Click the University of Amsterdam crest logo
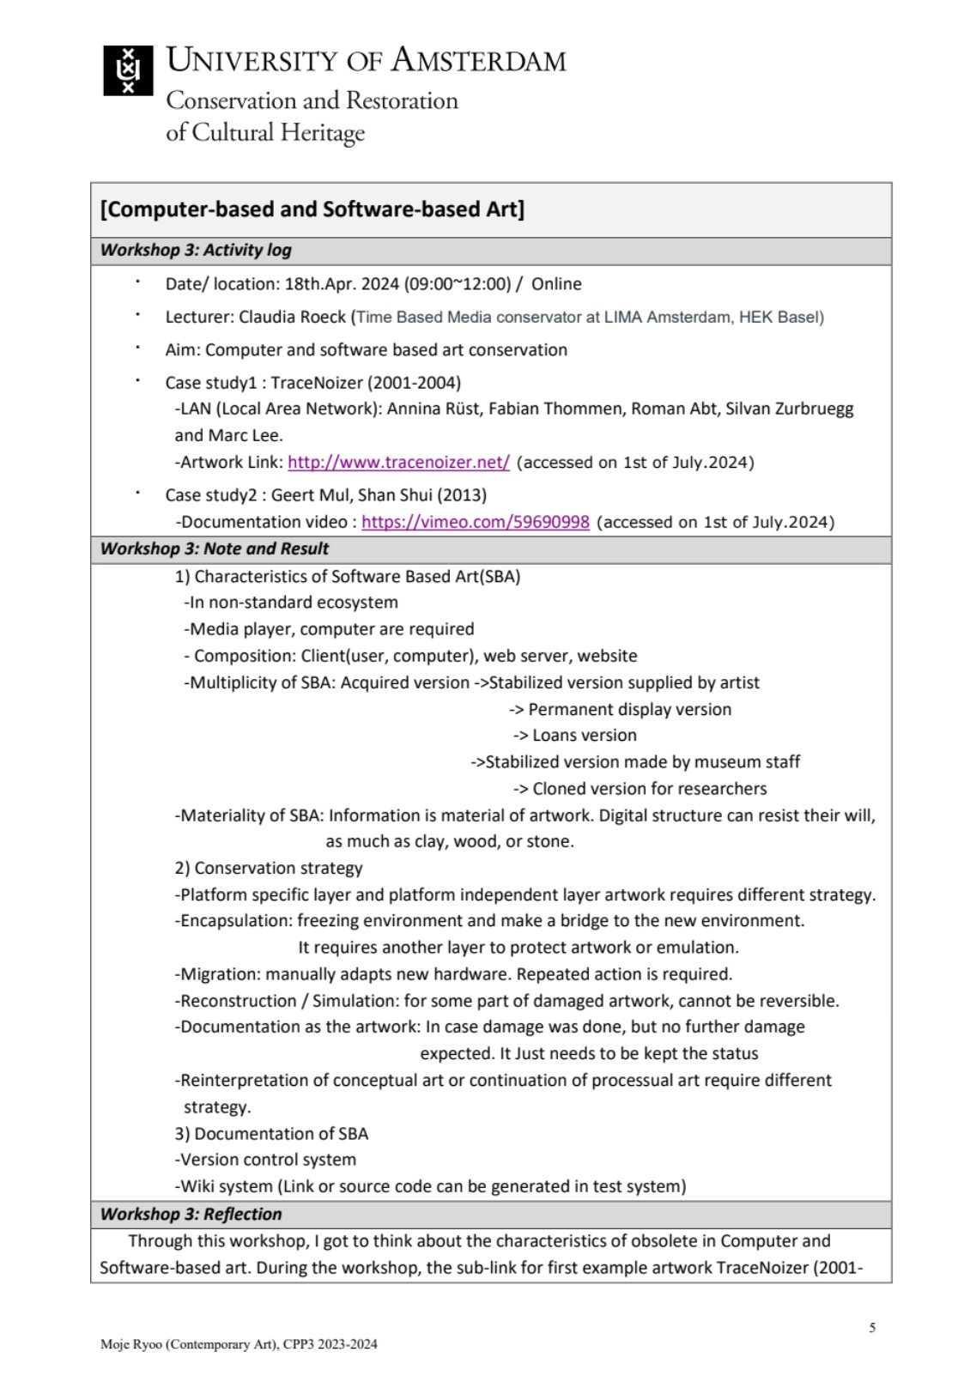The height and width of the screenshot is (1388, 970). click(x=128, y=70)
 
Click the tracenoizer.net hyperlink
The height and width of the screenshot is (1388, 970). click(x=398, y=463)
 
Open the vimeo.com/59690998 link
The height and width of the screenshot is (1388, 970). click(x=476, y=523)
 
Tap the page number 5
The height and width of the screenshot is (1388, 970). click(x=872, y=1328)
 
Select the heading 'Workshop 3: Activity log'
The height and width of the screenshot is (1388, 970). click(x=196, y=251)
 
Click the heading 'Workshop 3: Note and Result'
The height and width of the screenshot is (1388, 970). click(x=215, y=549)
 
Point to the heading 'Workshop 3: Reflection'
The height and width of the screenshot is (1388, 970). click(x=191, y=1215)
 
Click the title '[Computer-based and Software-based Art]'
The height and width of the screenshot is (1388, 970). click(x=312, y=209)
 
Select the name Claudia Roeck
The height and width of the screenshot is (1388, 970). click(x=292, y=318)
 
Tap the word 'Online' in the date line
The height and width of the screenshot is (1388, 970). click(x=556, y=284)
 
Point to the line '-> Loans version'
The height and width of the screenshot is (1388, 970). click(x=575, y=736)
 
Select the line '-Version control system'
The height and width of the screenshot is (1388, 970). click(x=265, y=1160)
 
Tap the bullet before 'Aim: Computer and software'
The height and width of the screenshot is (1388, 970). click(x=137, y=349)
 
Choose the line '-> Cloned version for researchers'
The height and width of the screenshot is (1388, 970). click(x=640, y=789)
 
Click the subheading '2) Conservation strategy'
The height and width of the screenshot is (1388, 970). click(x=269, y=868)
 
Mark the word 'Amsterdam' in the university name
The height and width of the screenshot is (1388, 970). click(x=479, y=60)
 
